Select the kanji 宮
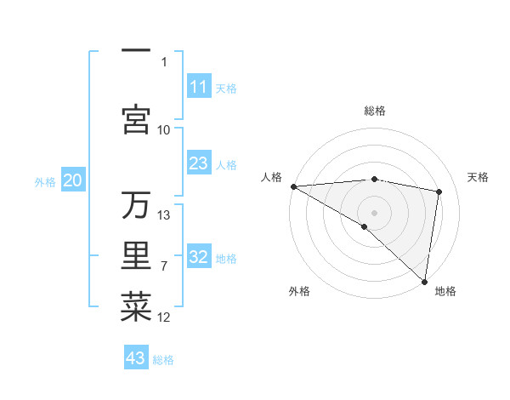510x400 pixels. (x=136, y=120)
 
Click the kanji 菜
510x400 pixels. (x=136, y=307)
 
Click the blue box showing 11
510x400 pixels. (x=199, y=87)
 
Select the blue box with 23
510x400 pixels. (x=199, y=163)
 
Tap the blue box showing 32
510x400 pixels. (x=199, y=257)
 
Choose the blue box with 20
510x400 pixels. (x=73, y=180)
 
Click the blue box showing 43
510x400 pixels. (x=136, y=358)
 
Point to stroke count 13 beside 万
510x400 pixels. (x=165, y=214)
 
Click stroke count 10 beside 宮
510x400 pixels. (x=164, y=129)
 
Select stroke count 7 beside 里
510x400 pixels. (x=164, y=266)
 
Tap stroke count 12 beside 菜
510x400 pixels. (x=164, y=317)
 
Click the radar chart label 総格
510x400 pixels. (x=375, y=111)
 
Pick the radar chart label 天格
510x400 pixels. (x=479, y=177)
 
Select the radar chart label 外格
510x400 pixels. (x=299, y=291)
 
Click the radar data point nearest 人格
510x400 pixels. (x=293, y=186)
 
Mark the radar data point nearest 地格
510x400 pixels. (x=425, y=282)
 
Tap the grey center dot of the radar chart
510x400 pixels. (x=374, y=211)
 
